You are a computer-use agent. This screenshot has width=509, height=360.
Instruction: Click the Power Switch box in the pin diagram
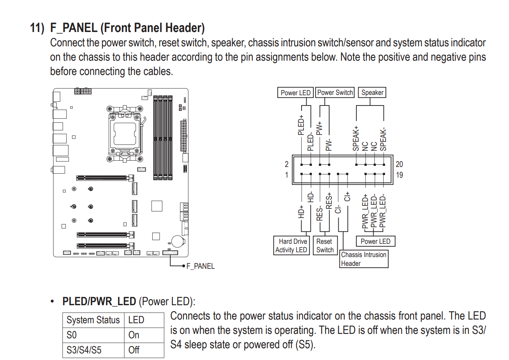click(335, 92)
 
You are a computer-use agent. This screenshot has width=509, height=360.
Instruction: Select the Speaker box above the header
click(372, 92)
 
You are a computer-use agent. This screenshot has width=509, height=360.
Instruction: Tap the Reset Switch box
click(325, 246)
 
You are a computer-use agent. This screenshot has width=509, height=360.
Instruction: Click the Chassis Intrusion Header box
click(363, 259)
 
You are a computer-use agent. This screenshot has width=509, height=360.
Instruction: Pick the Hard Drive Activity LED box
click(291, 246)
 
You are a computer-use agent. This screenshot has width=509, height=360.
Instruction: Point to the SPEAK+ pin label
click(356, 139)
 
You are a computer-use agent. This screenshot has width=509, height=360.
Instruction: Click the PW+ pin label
click(319, 128)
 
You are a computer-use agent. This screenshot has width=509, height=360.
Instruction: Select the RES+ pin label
click(329, 201)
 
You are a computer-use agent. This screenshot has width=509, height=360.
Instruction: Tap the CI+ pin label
click(347, 196)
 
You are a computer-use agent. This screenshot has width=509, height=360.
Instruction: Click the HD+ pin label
click(301, 212)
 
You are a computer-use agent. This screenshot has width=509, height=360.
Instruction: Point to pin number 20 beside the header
click(399, 164)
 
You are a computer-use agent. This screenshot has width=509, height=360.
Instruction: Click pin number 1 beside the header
click(286, 175)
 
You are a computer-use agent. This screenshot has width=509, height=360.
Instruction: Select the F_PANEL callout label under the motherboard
click(200, 266)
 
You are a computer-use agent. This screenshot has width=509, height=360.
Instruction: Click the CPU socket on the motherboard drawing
click(125, 133)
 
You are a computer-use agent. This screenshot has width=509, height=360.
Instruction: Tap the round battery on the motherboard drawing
click(178, 241)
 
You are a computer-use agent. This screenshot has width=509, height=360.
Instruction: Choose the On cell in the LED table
click(134, 335)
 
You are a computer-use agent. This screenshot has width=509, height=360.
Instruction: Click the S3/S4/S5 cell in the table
click(84, 350)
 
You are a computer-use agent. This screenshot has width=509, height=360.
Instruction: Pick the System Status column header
click(93, 320)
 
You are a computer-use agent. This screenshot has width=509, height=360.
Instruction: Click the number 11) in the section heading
click(37, 28)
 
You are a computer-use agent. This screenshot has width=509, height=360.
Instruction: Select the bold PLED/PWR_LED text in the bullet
click(99, 302)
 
